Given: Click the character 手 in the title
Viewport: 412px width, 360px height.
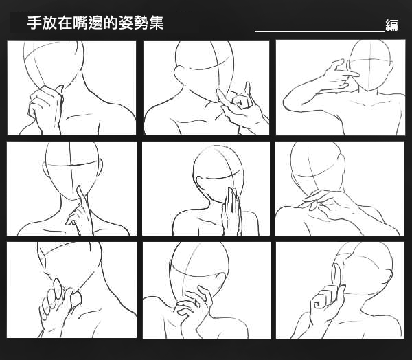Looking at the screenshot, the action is tap(34, 23).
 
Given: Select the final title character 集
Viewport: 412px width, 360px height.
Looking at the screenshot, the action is tap(157, 23).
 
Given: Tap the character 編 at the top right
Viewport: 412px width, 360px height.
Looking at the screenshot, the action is tap(391, 25).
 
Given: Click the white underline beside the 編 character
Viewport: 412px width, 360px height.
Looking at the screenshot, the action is tap(320, 31).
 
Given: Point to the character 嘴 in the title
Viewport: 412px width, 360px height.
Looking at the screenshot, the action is tap(80, 23).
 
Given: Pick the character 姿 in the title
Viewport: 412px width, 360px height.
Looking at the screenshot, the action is tap(126, 23).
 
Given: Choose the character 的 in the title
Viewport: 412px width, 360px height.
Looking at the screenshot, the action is tap(111, 23).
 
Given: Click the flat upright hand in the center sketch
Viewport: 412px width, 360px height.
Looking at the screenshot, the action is tap(231, 210).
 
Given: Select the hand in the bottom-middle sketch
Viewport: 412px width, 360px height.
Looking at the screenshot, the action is tap(194, 305).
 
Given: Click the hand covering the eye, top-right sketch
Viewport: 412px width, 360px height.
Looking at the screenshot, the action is tap(339, 75).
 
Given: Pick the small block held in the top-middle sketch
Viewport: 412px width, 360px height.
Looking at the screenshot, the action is tap(240, 101).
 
